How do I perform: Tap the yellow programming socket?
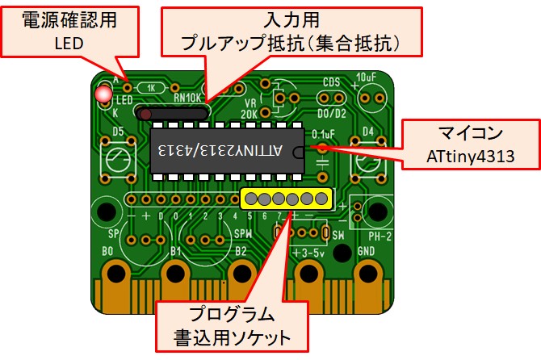pyautogui.click(x=287, y=199)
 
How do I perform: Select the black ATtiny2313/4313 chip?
pyautogui.click(x=227, y=150)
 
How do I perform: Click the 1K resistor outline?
pyautogui.click(x=151, y=87)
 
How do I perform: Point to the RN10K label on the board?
pyautogui.click(x=187, y=98)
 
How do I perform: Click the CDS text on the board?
pyautogui.click(x=331, y=82)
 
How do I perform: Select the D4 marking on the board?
pyautogui.click(x=369, y=131)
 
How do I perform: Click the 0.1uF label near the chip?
pyautogui.click(x=323, y=134)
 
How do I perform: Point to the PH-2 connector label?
pyautogui.click(x=378, y=237)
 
